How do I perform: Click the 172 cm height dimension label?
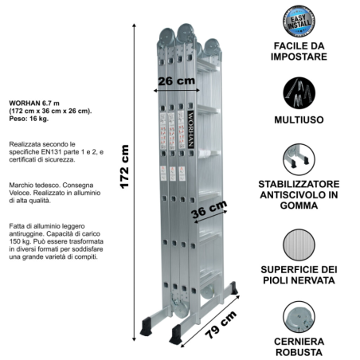[x=124, y=166]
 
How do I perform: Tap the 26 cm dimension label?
[x=177, y=81]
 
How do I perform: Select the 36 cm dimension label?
[x=209, y=209]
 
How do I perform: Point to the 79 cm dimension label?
[x=221, y=324]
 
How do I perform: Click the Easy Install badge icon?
[x=299, y=22]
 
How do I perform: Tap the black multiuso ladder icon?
[x=299, y=93]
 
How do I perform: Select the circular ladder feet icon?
[x=299, y=159]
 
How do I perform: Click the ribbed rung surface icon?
[x=299, y=245]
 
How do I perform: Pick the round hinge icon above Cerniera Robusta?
[x=299, y=317]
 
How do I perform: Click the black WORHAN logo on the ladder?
[x=190, y=129]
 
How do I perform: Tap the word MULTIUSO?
[x=299, y=120]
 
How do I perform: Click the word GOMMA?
[x=299, y=205]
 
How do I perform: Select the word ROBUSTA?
[x=299, y=353]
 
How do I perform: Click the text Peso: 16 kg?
[x=29, y=119]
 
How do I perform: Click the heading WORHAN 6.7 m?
[x=34, y=103]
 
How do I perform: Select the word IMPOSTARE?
[x=299, y=57]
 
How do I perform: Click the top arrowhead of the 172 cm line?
[x=134, y=25]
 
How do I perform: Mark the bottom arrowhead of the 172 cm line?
[x=134, y=339]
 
